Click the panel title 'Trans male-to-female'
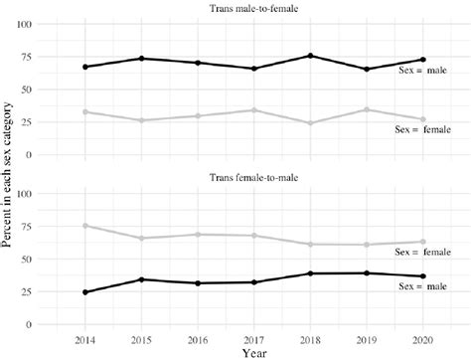(x=248, y=9)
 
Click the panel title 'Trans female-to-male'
(x=248, y=179)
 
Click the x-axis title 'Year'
(x=248, y=351)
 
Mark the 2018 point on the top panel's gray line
(x=311, y=123)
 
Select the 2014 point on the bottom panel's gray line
(x=85, y=226)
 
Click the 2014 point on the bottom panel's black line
(x=85, y=292)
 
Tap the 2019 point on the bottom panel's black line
(x=368, y=273)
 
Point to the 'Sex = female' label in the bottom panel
(x=427, y=253)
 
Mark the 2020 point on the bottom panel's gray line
(x=423, y=242)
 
